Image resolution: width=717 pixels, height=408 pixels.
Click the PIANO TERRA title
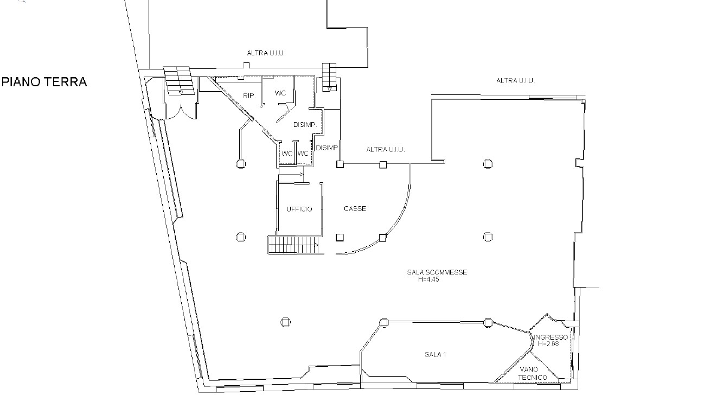[44, 82]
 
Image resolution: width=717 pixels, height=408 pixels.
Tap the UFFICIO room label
[299, 209]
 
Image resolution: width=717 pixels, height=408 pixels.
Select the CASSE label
[355, 209]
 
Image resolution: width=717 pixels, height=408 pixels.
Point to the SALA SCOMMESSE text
[437, 272]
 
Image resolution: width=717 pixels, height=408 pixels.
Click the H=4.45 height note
[428, 279]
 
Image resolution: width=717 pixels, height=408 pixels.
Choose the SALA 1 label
[436, 354]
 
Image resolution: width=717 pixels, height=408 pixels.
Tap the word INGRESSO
[551, 337]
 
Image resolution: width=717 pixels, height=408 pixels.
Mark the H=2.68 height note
[548, 344]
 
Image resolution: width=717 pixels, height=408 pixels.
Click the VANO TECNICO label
[532, 373]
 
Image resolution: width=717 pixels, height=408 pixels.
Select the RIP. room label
[249, 95]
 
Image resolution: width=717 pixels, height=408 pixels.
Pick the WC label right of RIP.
[280, 93]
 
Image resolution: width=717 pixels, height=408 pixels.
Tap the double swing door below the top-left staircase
[181, 111]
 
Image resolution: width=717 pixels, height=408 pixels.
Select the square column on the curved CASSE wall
[383, 238]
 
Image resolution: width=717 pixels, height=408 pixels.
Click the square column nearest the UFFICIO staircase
[340, 238]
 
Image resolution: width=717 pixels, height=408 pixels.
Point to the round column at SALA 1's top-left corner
[384, 322]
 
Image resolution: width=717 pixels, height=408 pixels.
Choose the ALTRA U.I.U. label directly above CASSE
[386, 150]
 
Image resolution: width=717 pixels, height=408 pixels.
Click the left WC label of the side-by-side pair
[287, 154]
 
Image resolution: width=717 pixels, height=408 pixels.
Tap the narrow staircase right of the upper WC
[329, 77]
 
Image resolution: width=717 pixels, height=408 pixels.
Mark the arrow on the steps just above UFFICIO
[301, 175]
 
